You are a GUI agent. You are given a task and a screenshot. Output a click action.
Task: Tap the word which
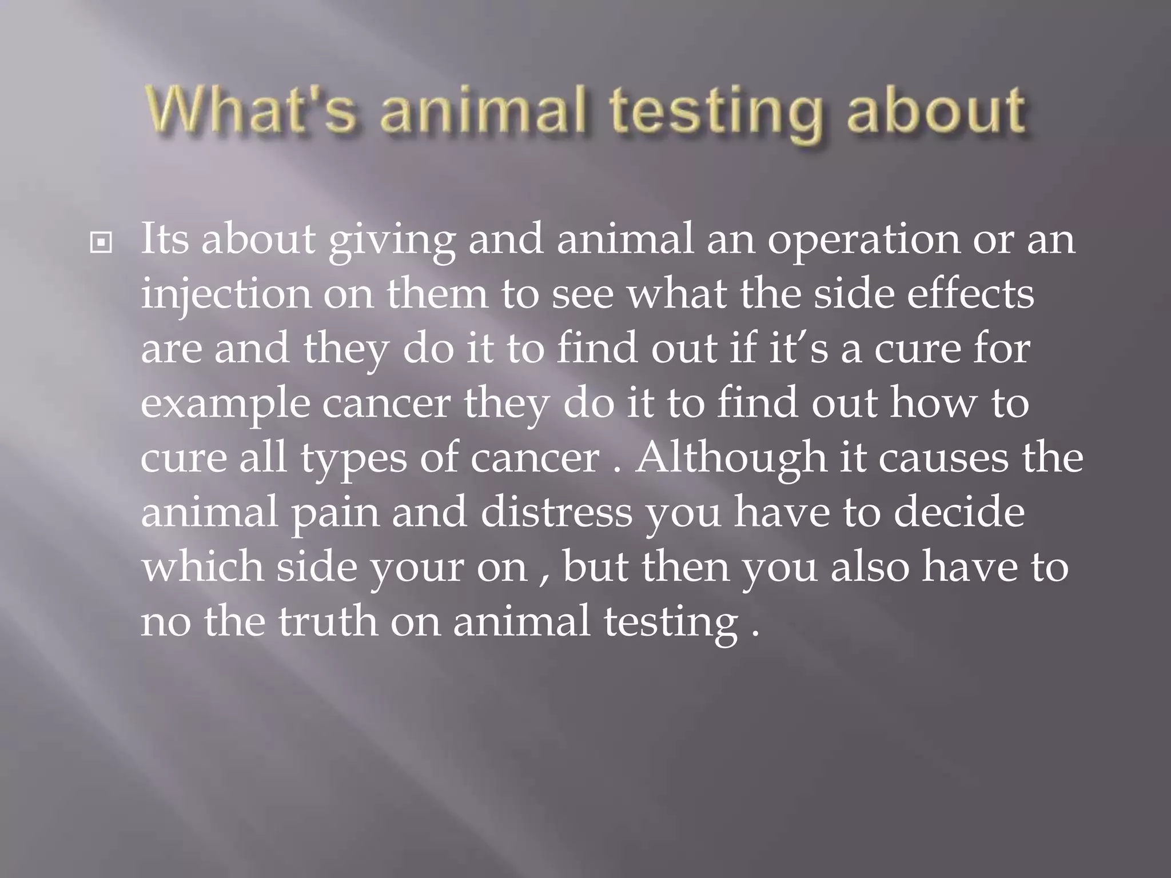pos(202,566)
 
